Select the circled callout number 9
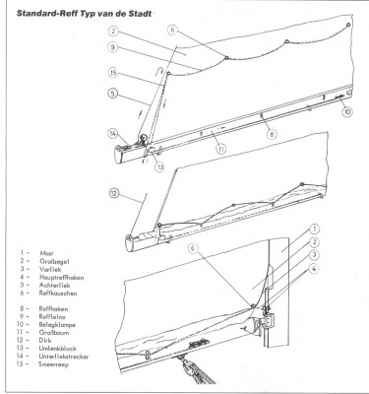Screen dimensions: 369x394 112,47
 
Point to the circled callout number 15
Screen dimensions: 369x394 113,73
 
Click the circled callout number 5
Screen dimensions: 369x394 113,94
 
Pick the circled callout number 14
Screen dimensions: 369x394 113,133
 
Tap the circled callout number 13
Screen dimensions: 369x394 160,166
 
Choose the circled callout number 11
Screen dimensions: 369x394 221,149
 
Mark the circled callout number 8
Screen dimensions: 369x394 272,134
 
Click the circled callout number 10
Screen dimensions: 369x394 347,111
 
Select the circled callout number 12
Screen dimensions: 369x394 113,193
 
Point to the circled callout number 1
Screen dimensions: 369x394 314,229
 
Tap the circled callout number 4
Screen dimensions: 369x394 314,268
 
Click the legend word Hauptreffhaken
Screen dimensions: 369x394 61,278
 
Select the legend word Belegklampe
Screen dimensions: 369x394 57,325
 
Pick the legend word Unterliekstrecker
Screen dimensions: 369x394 64,357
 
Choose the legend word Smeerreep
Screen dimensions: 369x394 53,364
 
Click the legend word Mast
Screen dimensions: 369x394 46,253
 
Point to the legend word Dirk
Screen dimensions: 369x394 45,341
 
